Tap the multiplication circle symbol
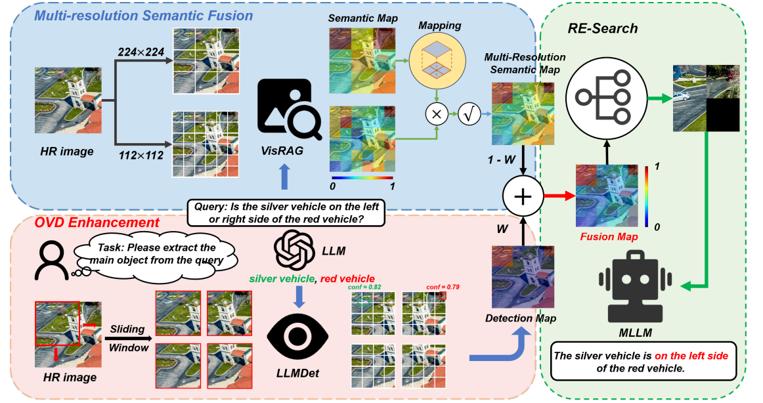pos(435,114)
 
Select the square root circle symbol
pos(469,114)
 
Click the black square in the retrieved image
pos(723,115)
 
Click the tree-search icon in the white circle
pos(598,98)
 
